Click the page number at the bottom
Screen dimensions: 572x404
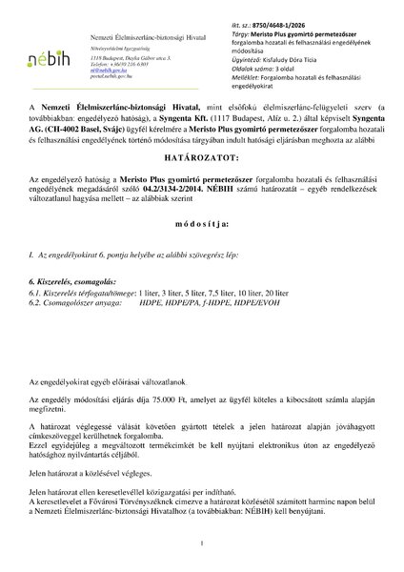coord(202,543)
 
